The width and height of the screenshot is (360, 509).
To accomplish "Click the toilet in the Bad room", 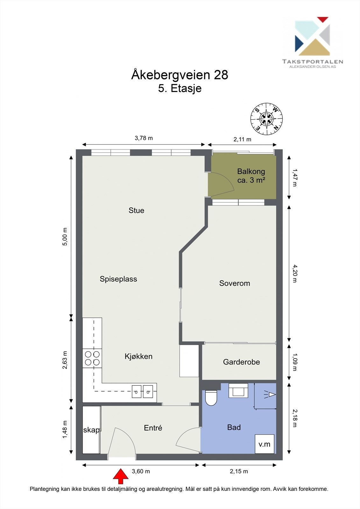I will point(211,398).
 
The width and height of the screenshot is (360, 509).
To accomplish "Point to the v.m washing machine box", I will point(265,444).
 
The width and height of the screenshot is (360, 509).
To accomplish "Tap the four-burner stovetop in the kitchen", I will point(92,358).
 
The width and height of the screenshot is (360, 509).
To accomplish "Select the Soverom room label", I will point(235,283).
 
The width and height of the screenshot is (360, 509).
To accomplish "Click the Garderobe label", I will point(241,362).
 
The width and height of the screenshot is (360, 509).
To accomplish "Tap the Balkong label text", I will point(251,171).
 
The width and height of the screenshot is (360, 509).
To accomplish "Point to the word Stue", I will point(136,210).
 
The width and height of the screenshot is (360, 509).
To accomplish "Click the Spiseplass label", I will point(118,279).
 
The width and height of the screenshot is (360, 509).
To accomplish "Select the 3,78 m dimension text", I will point(144,138).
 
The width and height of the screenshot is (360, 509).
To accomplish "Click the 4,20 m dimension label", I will point(294,274).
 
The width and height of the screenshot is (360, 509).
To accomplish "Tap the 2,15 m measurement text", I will point(239,471).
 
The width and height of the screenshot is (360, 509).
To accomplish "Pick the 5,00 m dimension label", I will point(65,237).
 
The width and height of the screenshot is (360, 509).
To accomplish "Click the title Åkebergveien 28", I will point(180,75).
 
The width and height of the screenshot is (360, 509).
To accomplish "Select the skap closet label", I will point(91,430).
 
